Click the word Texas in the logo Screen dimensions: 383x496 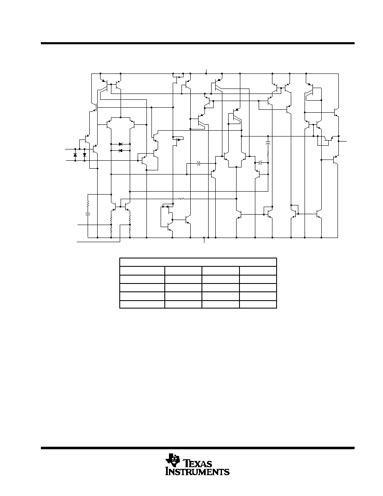point(198,464)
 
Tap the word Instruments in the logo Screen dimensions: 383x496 point(197,472)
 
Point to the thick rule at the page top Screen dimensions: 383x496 point(197,43)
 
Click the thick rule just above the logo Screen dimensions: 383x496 point(197,448)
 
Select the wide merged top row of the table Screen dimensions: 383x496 point(198,262)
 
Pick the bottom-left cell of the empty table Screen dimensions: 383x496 point(142,304)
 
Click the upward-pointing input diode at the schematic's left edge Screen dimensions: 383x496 point(75,155)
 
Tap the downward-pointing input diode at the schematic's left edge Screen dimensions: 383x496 point(85,155)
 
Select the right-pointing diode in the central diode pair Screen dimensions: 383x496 point(121,144)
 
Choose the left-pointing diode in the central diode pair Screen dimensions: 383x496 point(121,151)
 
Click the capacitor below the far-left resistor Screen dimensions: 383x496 point(88,214)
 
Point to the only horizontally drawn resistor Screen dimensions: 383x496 point(181,199)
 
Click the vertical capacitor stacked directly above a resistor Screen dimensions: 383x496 point(268,144)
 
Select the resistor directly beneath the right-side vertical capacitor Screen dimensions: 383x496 point(268,154)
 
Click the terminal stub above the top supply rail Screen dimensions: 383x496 point(207,71)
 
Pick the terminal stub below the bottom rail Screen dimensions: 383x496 point(204,240)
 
